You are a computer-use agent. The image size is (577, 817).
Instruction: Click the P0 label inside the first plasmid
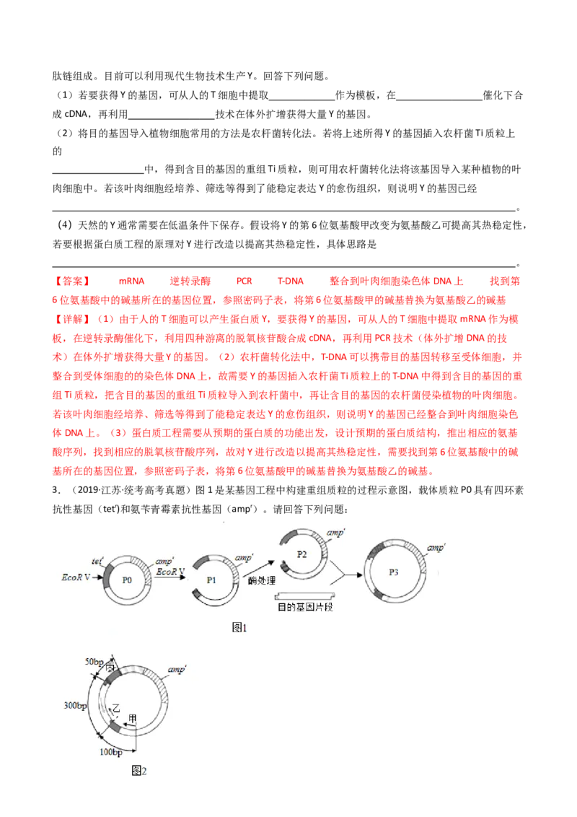[x=126, y=580]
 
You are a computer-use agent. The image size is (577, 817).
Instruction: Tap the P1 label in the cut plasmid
[x=211, y=580]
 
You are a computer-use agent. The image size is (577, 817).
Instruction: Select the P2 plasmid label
[x=301, y=554]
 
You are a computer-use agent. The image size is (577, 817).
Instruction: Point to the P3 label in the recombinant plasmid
[x=394, y=572]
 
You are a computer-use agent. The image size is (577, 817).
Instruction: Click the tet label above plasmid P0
[x=97, y=562]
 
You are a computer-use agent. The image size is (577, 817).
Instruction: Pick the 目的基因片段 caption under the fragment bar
[x=305, y=607]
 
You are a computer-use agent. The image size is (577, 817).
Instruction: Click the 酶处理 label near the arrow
[x=261, y=580]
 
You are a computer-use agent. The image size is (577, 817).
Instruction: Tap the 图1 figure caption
[x=239, y=628]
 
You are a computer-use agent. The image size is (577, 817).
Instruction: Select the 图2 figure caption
[x=139, y=771]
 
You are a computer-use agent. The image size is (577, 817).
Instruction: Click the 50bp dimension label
[x=94, y=662]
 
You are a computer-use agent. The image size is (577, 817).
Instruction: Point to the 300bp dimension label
[x=75, y=706]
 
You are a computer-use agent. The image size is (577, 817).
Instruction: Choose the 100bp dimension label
[x=111, y=752]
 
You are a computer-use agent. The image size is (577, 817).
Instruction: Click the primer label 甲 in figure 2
[x=132, y=719]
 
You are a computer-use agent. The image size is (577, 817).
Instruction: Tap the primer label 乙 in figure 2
[x=116, y=708]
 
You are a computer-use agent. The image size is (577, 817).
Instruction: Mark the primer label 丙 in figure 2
[x=110, y=666]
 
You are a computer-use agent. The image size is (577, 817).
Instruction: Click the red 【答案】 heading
[x=72, y=281]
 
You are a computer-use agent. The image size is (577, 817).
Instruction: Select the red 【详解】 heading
[x=72, y=320]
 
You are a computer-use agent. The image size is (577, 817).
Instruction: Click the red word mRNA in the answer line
[x=131, y=281]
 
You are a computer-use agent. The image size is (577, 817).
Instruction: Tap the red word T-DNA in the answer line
[x=290, y=281]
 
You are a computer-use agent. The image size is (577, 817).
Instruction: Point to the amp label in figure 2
[x=177, y=670]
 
